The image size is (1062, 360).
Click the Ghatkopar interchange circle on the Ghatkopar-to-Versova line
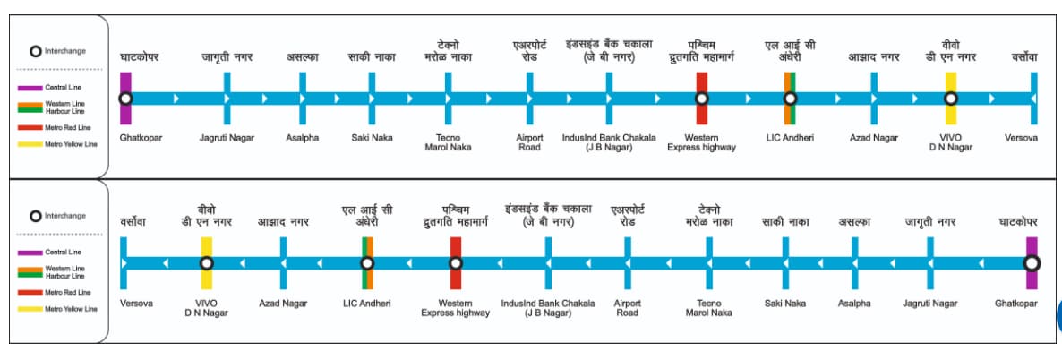point(125,98)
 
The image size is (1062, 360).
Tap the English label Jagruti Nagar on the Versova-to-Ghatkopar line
point(930,304)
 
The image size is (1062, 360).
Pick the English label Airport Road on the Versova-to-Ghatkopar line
point(627,308)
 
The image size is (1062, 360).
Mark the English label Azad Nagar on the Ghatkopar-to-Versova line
point(873,138)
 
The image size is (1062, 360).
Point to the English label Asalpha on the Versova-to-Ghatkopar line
point(854,304)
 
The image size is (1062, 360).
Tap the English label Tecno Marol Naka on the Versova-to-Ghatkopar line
point(708,308)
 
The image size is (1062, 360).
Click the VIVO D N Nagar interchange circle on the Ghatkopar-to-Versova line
point(951,98)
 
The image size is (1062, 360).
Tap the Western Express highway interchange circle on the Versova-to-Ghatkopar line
point(456,263)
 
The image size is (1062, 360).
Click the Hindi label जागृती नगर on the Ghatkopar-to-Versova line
point(227,57)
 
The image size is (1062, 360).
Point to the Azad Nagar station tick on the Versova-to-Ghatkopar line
point(283,263)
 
